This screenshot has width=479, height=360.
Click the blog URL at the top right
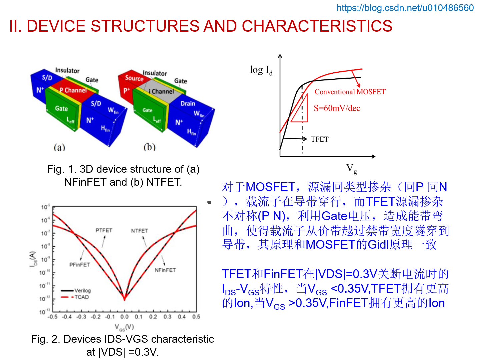coord(405,8)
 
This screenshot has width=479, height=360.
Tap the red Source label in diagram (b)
coord(134,78)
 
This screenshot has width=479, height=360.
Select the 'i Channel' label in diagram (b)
coord(161,91)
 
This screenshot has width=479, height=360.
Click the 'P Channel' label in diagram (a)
coord(73,90)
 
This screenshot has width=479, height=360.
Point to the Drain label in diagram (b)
coord(188,103)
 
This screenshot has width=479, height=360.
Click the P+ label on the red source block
coord(126,90)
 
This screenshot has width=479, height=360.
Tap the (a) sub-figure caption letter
coord(59,147)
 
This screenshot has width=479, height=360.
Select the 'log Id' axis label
coord(261,70)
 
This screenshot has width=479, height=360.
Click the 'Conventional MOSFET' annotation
coord(350,92)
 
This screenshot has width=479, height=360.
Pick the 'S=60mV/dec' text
coord(337,108)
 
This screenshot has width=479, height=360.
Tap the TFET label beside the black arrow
coord(319,139)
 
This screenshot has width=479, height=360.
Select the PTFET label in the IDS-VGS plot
coord(104,230)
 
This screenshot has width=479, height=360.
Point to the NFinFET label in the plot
coord(165,270)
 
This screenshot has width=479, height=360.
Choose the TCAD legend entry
coord(81,297)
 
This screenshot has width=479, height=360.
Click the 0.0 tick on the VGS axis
coord(124,317)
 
